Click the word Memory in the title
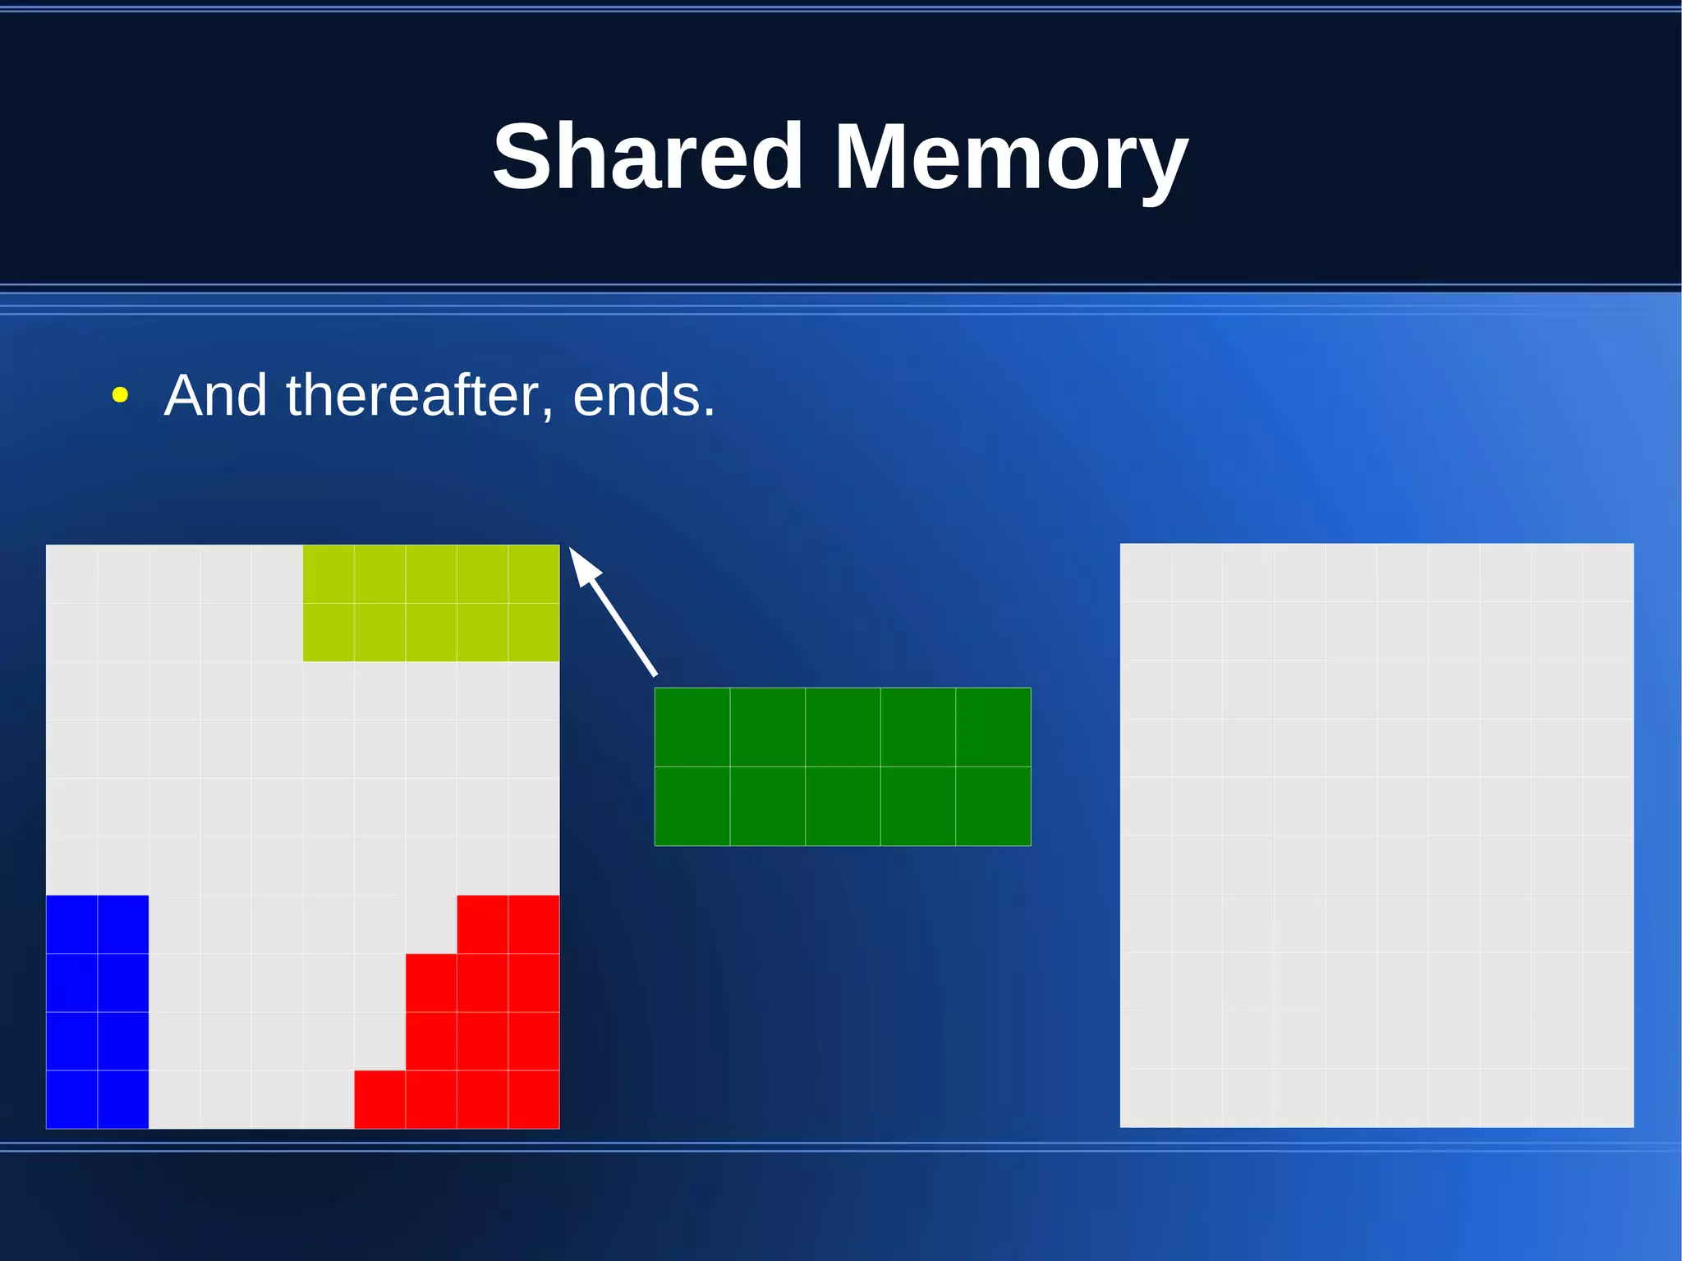tap(1010, 158)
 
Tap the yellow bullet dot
tap(120, 396)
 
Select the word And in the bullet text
tap(215, 395)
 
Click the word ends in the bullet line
tap(642, 396)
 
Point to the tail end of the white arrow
tap(655, 674)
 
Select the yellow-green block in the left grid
tap(431, 603)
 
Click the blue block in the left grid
tap(97, 1011)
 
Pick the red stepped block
tap(482, 1027)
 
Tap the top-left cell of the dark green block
tap(692, 727)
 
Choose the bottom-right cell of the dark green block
tap(993, 806)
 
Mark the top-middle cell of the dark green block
tap(843, 727)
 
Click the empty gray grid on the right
tap(1376, 835)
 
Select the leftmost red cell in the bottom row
tap(379, 1099)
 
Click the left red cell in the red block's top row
tap(482, 924)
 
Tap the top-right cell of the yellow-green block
tap(534, 573)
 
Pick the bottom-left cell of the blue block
tap(71, 1099)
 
